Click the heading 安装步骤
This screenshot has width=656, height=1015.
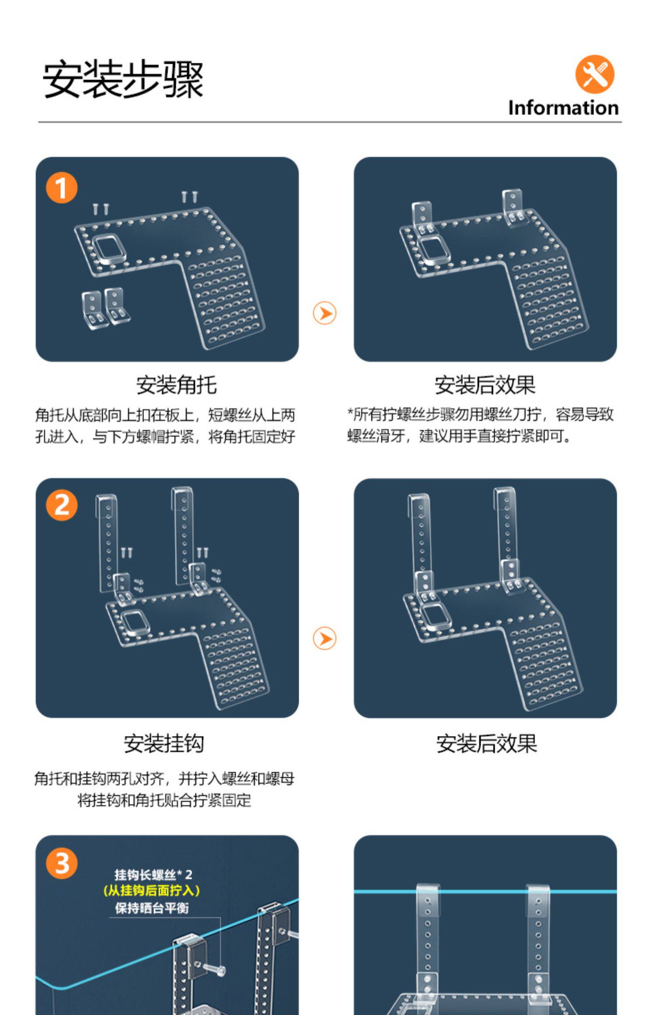coord(123,79)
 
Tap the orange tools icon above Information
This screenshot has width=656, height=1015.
coord(594,74)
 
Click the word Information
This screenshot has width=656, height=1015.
coord(563,108)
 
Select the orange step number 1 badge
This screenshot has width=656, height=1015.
coord(62,188)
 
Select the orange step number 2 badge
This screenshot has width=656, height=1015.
coord(62,506)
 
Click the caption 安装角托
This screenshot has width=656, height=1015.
coord(176,385)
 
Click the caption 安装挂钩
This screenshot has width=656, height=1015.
coord(164,743)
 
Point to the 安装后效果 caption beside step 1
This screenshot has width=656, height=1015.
coord(485,385)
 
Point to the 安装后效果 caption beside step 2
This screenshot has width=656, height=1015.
coord(486,743)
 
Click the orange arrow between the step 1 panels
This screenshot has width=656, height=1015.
coord(325,313)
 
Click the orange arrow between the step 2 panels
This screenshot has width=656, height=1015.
coord(325,639)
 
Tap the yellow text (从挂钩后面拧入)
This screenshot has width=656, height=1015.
coord(151,890)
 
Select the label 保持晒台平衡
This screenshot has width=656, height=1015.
coord(152,908)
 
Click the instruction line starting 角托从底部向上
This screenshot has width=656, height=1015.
coord(165,415)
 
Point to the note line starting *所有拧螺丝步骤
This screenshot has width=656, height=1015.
coord(480,414)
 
